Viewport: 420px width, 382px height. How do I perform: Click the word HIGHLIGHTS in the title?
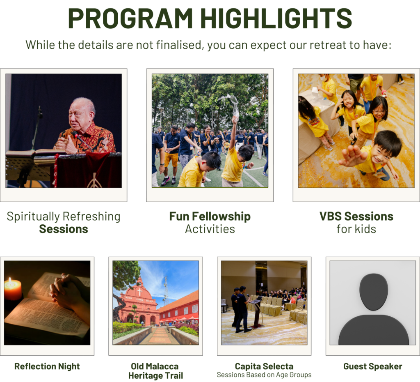click(x=276, y=18)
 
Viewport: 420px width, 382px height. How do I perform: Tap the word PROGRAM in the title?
click(x=130, y=18)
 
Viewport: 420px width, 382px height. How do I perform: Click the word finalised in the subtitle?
click(x=179, y=45)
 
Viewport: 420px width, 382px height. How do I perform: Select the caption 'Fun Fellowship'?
click(x=210, y=216)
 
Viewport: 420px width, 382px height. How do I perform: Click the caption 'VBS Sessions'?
click(x=356, y=216)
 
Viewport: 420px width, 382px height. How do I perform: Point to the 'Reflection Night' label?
click(x=47, y=366)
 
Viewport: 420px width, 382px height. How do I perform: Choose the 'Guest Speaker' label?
click(x=372, y=366)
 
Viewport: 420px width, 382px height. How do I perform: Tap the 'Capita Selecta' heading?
click(x=264, y=366)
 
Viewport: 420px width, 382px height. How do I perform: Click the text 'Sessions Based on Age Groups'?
click(x=264, y=375)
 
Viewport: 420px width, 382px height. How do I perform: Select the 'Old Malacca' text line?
click(x=155, y=366)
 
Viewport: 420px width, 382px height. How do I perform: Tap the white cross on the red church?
click(x=139, y=291)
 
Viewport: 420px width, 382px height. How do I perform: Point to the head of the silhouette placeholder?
click(x=373, y=292)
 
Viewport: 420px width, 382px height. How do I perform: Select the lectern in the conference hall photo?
click(x=256, y=313)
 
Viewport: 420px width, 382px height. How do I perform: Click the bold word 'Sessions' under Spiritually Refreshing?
click(x=64, y=229)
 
